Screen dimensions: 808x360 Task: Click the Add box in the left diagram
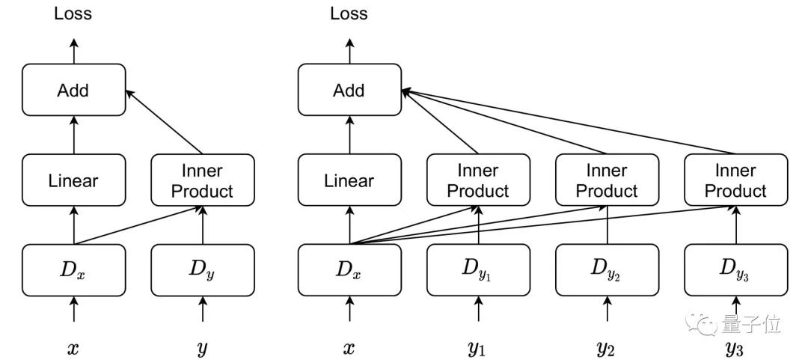[73, 90]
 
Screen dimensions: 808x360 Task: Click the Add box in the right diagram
[350, 90]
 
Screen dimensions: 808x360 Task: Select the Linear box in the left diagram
[73, 180]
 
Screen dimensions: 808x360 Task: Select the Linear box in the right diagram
[350, 180]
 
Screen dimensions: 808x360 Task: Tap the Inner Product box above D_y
[203, 180]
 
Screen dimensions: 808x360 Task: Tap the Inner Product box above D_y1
[479, 180]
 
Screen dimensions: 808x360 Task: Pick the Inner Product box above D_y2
[607, 180]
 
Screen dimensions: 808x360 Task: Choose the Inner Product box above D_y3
[736, 180]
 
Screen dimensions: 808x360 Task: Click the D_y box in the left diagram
[203, 270]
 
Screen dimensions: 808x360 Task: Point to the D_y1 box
[479, 270]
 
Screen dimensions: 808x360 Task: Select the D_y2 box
[607, 270]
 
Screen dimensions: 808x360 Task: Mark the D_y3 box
[736, 270]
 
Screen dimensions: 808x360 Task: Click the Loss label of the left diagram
[73, 13]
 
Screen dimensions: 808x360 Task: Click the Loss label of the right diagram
[349, 13]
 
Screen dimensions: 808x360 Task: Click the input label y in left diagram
[203, 350]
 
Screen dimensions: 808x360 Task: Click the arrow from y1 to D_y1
[479, 309]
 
